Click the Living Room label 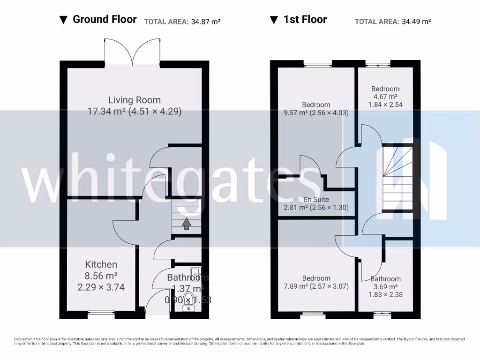pos(135,100)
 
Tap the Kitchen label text pos(101,264)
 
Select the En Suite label pos(316,200)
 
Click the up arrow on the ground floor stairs pos(186,224)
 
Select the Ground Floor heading pos(105,19)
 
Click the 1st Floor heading pos(305,19)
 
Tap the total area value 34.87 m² pos(206,22)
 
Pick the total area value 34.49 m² pos(416,22)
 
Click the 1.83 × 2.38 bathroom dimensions pos(385,295)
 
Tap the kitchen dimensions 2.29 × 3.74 pos(101,287)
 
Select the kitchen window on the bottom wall pos(101,314)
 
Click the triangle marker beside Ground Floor pos(64,20)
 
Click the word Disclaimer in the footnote pos(23,339)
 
